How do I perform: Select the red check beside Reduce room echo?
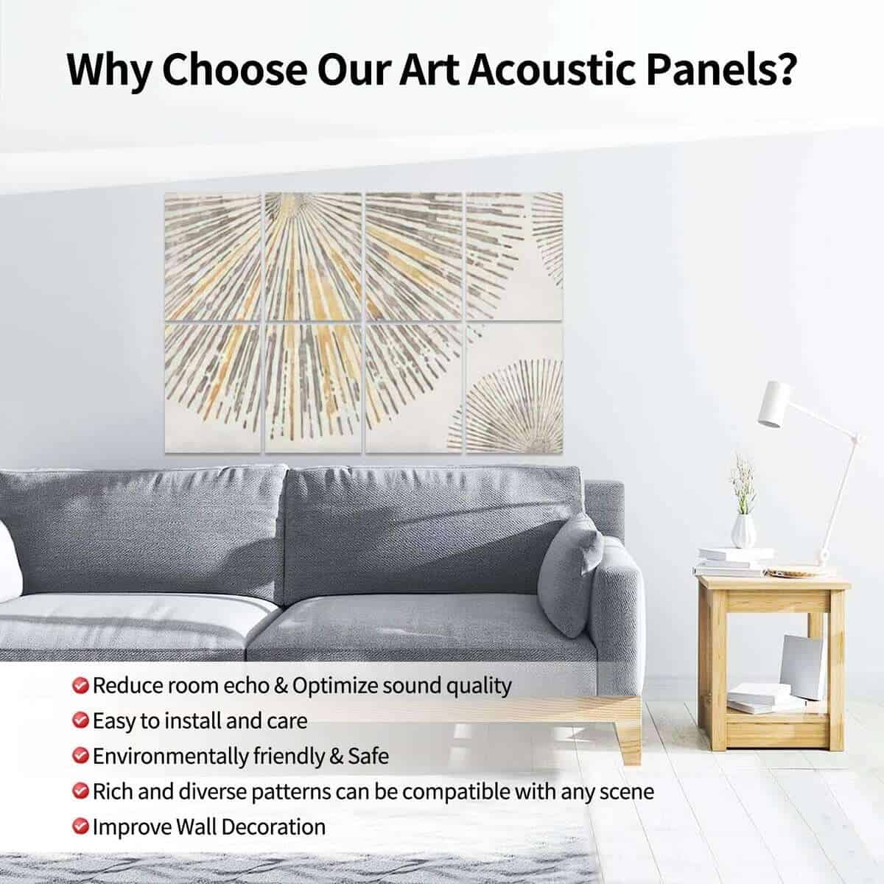tap(80, 686)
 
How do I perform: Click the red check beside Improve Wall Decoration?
tap(80, 827)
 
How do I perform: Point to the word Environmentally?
tap(171, 757)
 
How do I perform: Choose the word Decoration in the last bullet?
tap(273, 827)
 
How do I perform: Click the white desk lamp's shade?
tap(773, 404)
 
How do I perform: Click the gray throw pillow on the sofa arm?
tap(569, 577)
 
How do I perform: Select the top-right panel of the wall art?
tap(515, 256)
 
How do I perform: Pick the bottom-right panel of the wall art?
tap(515, 388)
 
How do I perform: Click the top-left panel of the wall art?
tap(212, 256)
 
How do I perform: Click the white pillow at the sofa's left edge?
tap(9, 562)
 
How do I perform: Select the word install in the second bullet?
tap(193, 721)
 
